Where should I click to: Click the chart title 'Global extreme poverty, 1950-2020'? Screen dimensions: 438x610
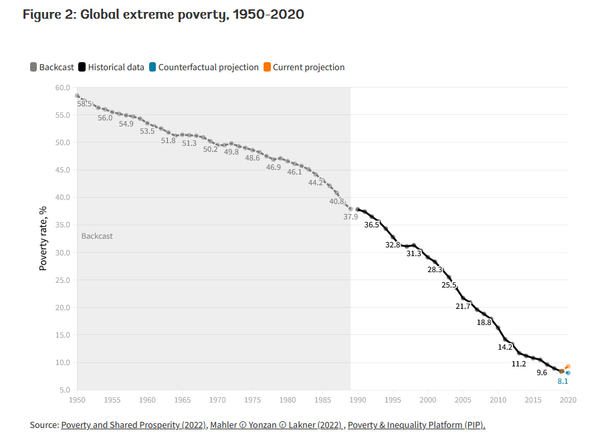tap(163, 14)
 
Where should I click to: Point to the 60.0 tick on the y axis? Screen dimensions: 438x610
tap(62, 88)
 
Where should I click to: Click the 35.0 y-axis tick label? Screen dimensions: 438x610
tap(62, 225)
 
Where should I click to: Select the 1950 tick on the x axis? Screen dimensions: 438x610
tap(77, 400)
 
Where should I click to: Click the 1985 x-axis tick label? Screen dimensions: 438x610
tap(322, 400)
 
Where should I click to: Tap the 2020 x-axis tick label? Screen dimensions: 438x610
tap(568, 400)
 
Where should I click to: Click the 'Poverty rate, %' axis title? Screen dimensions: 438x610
tap(43, 238)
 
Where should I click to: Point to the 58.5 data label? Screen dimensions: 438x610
tap(84, 104)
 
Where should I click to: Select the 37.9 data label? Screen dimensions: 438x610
tap(351, 216)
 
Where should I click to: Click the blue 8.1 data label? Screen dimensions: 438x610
tap(563, 381)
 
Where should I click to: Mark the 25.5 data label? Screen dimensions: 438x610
tap(449, 285)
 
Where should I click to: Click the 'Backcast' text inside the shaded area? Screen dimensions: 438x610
tap(97, 236)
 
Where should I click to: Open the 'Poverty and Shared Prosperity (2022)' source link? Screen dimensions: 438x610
tap(132, 425)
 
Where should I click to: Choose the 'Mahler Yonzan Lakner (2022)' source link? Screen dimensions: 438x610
tap(277, 425)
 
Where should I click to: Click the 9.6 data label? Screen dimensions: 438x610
tap(542, 372)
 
